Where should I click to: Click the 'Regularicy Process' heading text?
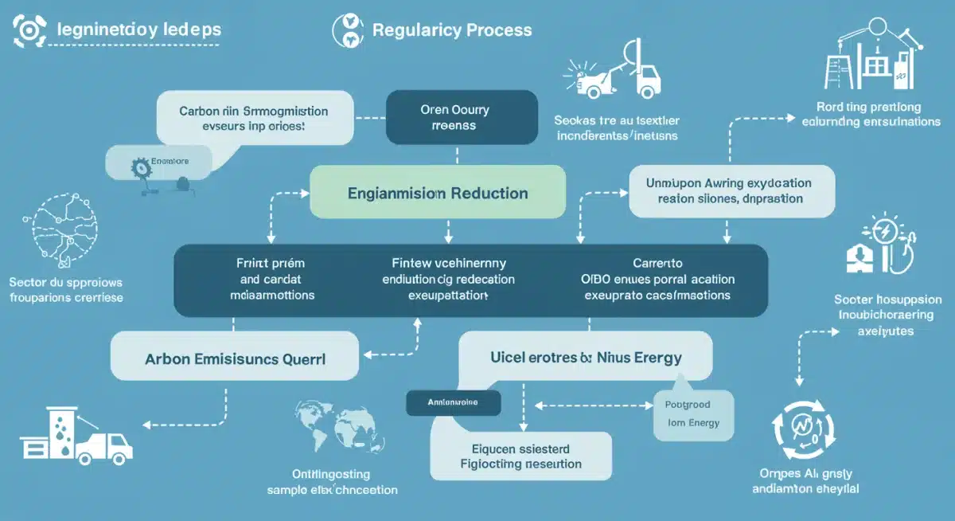[452, 30]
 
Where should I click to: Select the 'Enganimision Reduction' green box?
[437, 193]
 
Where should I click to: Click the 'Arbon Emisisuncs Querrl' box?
[236, 358]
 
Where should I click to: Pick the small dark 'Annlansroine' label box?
[453, 403]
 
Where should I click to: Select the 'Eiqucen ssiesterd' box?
[520, 456]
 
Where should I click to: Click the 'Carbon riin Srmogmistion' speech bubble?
[254, 119]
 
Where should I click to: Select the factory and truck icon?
[76, 436]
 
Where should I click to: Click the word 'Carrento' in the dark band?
[657, 262]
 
